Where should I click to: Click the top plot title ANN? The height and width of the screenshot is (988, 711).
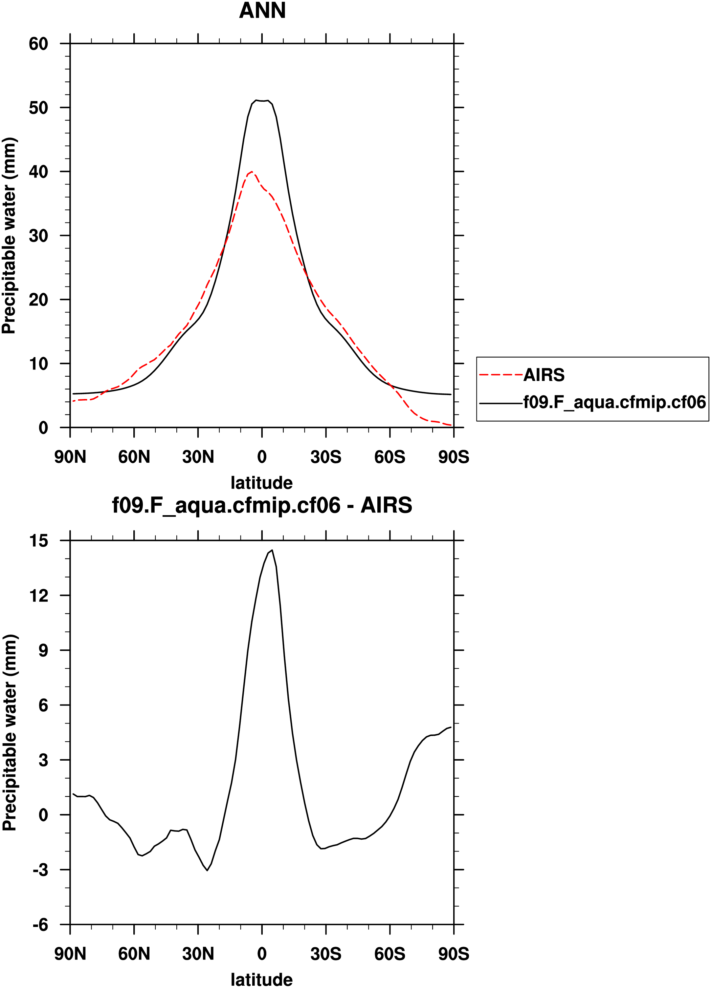click(x=262, y=11)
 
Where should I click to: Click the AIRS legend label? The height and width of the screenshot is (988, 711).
click(x=544, y=375)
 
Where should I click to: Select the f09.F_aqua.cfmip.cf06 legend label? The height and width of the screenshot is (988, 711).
click(x=614, y=402)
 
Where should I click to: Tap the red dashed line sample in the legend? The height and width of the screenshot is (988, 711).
click(x=500, y=375)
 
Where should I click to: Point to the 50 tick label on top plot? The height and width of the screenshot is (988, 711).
click(x=38, y=108)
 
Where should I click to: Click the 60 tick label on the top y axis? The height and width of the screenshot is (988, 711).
click(x=38, y=44)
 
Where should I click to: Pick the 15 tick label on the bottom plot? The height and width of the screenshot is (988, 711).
click(x=38, y=541)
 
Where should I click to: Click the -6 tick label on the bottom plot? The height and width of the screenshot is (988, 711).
click(x=40, y=925)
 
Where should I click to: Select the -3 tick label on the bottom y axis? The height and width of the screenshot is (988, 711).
click(x=40, y=870)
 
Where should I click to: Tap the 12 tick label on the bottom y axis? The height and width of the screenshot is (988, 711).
click(x=38, y=596)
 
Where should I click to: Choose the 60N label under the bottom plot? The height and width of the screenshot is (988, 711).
click(x=134, y=954)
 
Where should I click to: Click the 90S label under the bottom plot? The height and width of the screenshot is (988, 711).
click(x=454, y=954)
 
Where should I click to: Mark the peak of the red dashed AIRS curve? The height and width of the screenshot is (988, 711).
click(x=252, y=172)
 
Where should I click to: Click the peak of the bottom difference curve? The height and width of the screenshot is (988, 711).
click(x=272, y=550)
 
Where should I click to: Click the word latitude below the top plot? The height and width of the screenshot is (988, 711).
click(x=261, y=483)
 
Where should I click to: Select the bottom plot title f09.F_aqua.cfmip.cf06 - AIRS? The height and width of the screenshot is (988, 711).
click(x=262, y=505)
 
